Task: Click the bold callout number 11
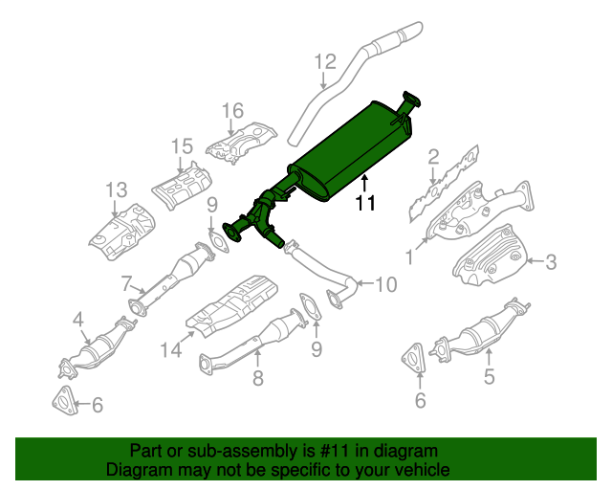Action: (365, 203)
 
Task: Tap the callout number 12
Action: (325, 63)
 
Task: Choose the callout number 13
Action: (116, 188)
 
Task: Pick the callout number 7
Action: (126, 282)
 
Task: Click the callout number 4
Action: (78, 319)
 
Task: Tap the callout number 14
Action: (170, 351)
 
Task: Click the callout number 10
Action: (383, 284)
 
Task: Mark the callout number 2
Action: (433, 156)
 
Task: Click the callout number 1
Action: (410, 256)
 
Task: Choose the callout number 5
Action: (489, 377)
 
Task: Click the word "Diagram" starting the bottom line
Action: (137, 470)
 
